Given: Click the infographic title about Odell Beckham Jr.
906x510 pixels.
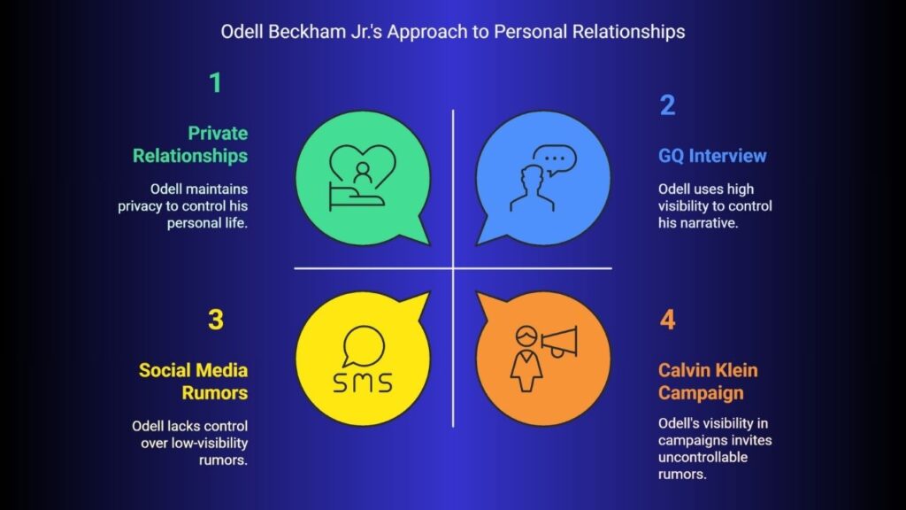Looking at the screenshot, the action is tap(452, 32).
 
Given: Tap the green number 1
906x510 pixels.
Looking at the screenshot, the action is tap(216, 82).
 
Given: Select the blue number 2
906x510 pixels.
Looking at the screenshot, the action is tap(667, 105).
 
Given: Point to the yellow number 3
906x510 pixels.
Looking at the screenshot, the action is tap(216, 320).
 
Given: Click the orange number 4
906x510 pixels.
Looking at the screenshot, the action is tap(667, 320).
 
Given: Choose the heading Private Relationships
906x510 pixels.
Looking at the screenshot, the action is tap(190, 144).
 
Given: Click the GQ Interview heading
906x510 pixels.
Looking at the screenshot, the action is tap(712, 156).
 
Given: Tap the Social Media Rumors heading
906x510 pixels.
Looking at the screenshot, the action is tap(193, 382).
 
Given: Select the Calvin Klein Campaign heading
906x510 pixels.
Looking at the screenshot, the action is tap(708, 382).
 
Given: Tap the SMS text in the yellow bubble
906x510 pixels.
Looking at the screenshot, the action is tap(362, 382).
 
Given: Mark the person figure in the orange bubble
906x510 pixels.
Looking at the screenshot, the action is tap(526, 359).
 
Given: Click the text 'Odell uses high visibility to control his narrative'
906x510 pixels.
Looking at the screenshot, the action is tap(715, 205).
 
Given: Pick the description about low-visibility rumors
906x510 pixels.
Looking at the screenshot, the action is tap(189, 443).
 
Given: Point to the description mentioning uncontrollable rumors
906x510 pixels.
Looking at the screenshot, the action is tap(715, 449).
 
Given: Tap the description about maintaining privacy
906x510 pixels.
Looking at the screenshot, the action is tap(182, 205).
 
